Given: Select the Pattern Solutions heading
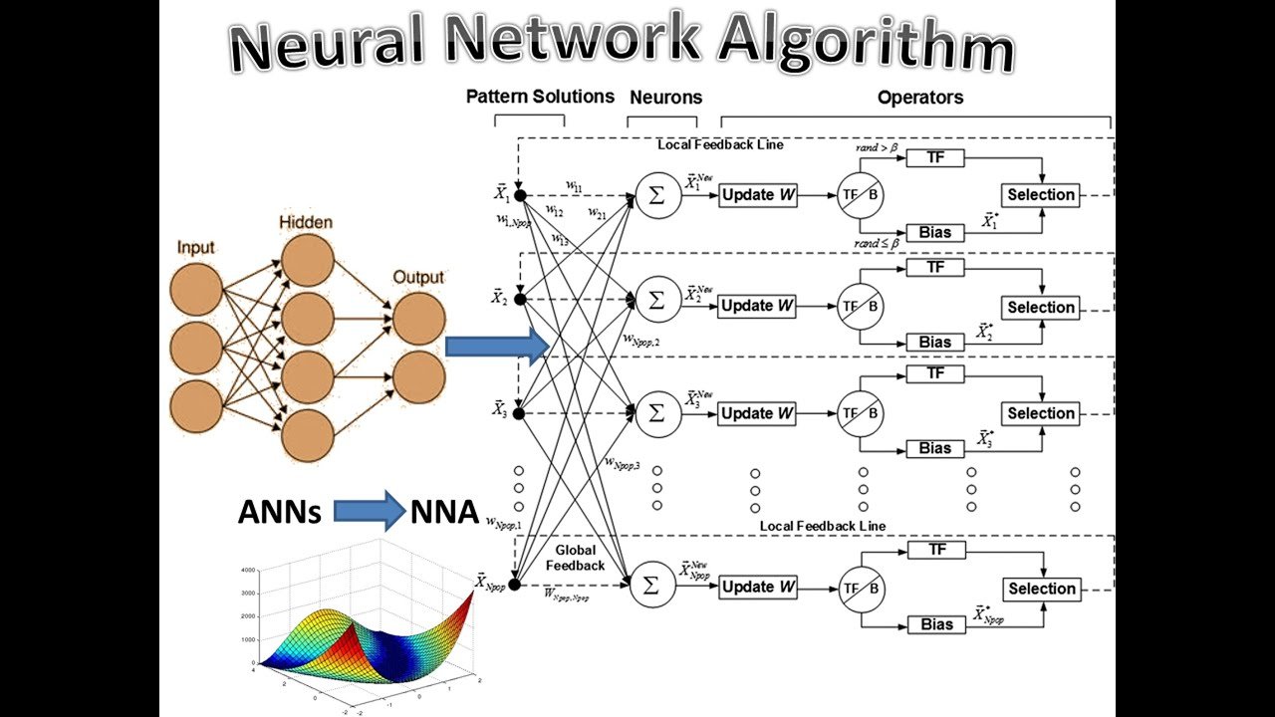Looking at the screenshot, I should click(540, 97).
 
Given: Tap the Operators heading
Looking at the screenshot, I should click(919, 98).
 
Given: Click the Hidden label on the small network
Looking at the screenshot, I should click(305, 222).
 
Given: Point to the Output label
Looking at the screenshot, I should click(418, 277).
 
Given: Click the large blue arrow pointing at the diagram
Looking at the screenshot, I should click(496, 346).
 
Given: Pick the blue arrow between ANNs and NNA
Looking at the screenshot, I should click(368, 511).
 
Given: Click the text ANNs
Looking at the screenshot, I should click(279, 512).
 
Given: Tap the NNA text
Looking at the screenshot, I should click(444, 512).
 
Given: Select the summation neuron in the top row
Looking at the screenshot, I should click(654, 195).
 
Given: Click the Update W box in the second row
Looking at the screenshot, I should click(757, 307).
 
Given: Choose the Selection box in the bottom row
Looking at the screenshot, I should click(1041, 589).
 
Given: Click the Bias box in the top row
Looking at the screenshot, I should click(934, 233).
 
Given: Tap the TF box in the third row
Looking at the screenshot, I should click(934, 373).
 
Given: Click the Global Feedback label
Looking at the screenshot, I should click(575, 558).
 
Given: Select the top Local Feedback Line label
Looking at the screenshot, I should click(720, 144).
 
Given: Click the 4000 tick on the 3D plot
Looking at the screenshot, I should click(248, 570).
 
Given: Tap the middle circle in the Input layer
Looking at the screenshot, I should click(195, 349).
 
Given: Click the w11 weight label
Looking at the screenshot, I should click(574, 185).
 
